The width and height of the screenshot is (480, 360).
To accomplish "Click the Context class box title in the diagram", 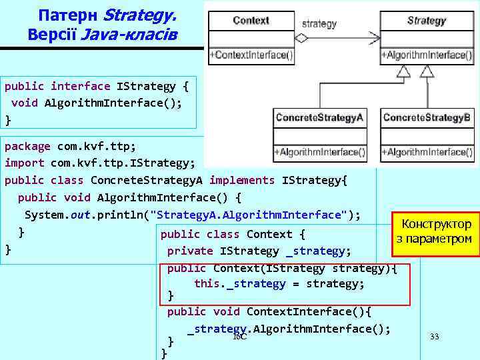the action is pos(251,21).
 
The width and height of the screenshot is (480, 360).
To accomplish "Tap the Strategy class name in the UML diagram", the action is pos(426,21).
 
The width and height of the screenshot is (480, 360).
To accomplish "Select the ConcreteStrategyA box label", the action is pos(319,118).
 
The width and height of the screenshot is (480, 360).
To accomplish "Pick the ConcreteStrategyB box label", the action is pos(427,118).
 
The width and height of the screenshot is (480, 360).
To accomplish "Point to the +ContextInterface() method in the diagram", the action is pos(251,55).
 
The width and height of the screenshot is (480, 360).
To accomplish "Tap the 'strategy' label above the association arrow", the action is pos(319,24).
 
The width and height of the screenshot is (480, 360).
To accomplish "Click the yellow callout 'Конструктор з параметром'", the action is pos(436,231).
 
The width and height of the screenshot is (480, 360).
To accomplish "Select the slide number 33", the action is pos(435,337).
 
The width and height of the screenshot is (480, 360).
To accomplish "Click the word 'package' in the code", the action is pos(27,146).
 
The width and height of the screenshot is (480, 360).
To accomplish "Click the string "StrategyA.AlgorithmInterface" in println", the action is pos(249,215).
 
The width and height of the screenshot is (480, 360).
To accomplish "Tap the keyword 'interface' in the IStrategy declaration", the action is pos(81,86).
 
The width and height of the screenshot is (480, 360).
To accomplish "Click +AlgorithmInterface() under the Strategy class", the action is pos(427,55).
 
